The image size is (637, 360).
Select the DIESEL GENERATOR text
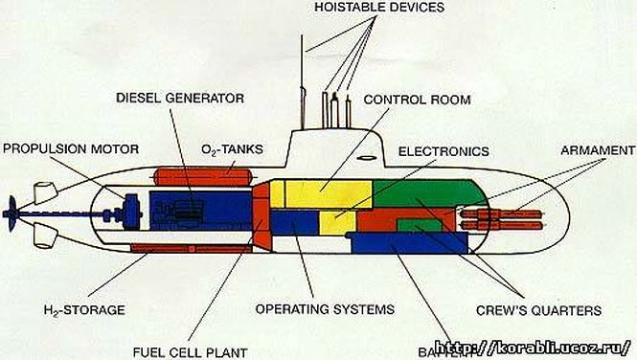click(180, 98)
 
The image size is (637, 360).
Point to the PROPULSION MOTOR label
click(71, 148)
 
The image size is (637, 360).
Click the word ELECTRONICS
click(444, 151)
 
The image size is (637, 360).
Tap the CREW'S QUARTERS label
click(538, 309)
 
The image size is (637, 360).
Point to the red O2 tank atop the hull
click(204, 175)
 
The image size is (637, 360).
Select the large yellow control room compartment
click(321, 193)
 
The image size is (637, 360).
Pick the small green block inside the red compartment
click(419, 225)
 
